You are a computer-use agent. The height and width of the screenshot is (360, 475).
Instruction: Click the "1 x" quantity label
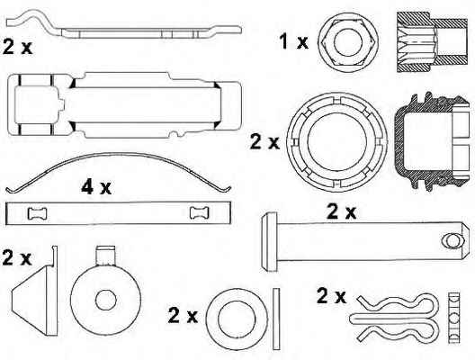(293, 41)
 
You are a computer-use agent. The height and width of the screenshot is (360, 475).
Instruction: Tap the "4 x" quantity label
(96, 186)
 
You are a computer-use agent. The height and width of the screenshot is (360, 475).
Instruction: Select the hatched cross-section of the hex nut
(432, 41)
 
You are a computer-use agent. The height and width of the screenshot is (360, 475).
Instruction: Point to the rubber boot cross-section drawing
(432, 141)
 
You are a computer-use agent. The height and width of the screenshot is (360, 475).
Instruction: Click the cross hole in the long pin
(452, 241)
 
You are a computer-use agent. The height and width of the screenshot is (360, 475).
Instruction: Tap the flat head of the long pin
(269, 242)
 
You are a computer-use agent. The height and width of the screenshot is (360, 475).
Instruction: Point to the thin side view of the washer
(276, 319)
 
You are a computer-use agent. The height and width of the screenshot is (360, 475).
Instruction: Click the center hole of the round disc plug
(106, 300)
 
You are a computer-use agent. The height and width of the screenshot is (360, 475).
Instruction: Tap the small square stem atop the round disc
(106, 256)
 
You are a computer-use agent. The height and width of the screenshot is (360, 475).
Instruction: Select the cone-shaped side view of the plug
(35, 292)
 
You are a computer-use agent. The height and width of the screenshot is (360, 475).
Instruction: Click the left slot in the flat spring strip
(38, 213)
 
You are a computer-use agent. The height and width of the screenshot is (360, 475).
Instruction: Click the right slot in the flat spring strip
(200, 212)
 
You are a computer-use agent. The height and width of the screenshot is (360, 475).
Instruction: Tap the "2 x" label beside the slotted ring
(264, 142)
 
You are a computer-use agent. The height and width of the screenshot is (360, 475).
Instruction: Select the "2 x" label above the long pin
(342, 211)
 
